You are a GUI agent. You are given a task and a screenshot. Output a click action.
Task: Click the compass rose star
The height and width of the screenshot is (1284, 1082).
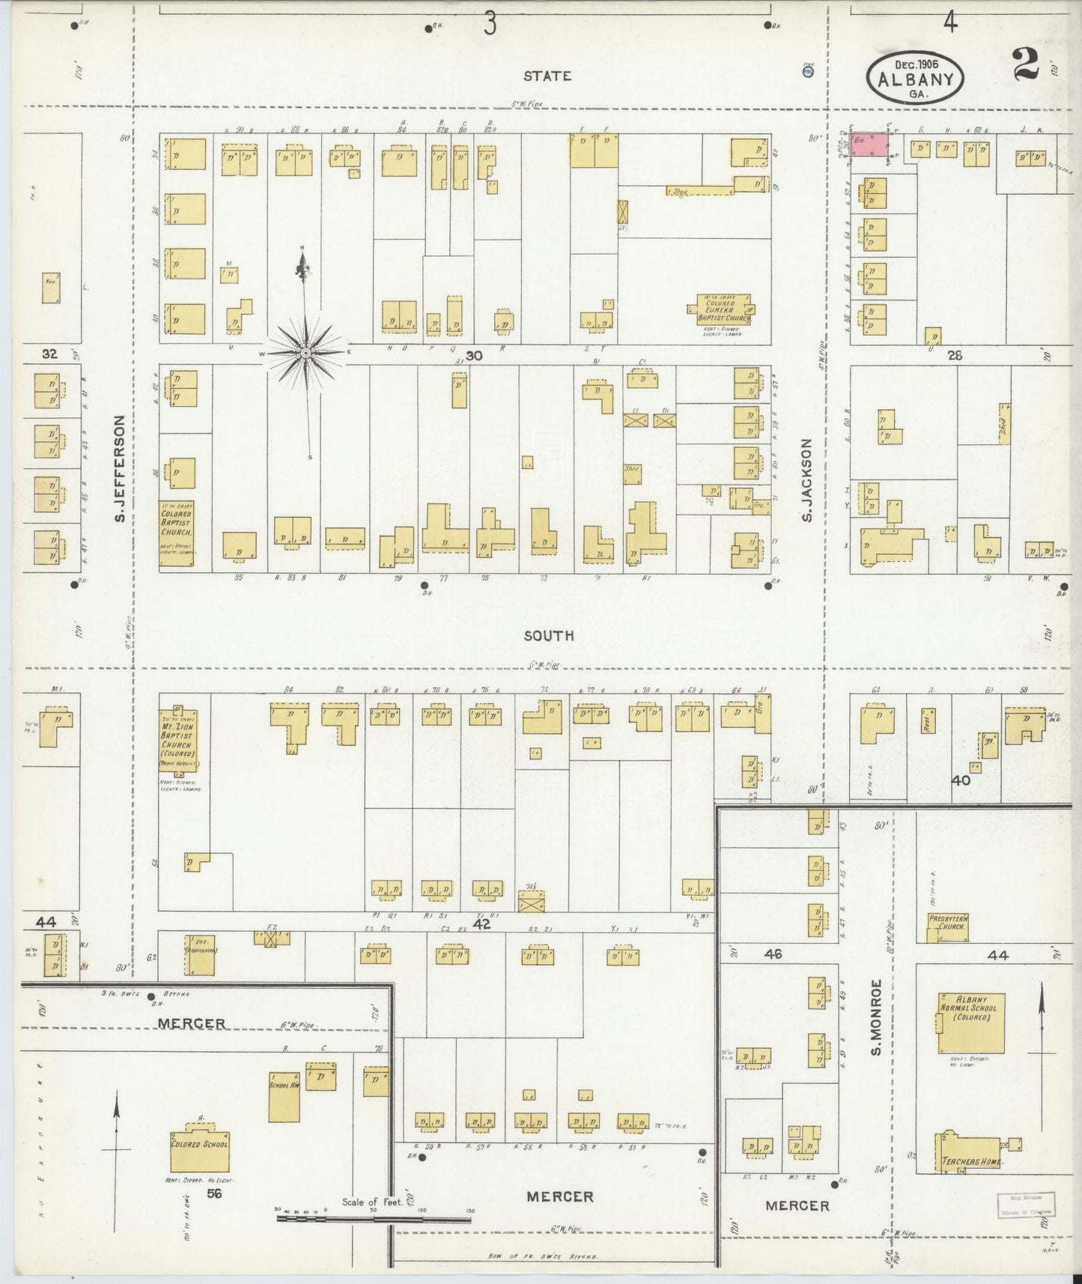(x=307, y=351)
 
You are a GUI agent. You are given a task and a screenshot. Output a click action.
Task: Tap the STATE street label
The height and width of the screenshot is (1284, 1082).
(x=547, y=76)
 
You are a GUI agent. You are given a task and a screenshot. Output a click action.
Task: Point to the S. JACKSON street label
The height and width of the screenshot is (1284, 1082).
(x=806, y=480)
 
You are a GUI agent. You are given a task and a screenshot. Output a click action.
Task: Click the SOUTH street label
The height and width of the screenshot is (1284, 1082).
(x=548, y=635)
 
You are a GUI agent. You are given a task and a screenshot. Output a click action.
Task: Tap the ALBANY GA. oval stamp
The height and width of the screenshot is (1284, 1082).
(x=915, y=78)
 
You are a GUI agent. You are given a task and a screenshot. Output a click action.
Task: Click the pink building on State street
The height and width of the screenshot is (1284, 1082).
(x=872, y=145)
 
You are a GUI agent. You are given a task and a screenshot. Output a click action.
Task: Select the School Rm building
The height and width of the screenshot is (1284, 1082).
(x=285, y=1094)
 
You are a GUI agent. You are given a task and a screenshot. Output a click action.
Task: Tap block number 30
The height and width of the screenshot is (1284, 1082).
(x=473, y=357)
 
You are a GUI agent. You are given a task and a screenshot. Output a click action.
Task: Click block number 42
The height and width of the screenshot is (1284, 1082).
(x=481, y=924)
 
